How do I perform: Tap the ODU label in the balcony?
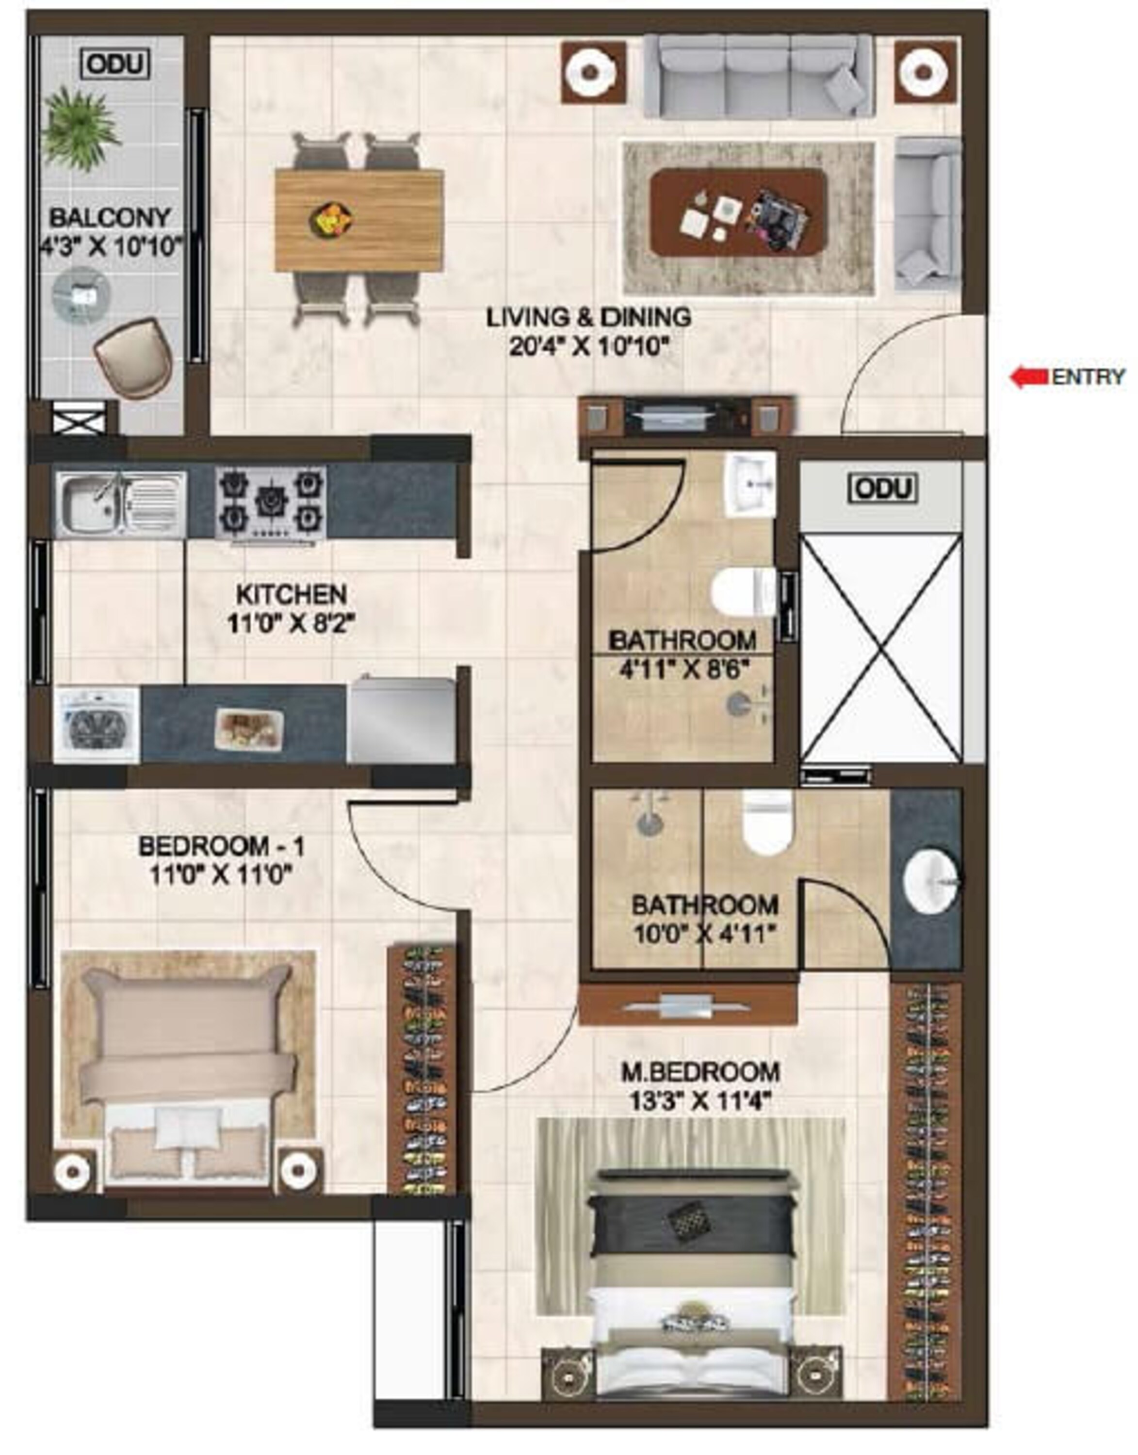(x=114, y=65)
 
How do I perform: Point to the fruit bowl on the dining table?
(x=331, y=219)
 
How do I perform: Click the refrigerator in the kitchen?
(x=402, y=720)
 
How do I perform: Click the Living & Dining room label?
(x=588, y=317)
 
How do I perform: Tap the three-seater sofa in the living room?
(x=758, y=77)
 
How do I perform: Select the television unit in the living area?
(x=686, y=417)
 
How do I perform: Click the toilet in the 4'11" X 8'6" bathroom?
(x=742, y=592)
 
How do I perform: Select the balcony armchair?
(x=132, y=358)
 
